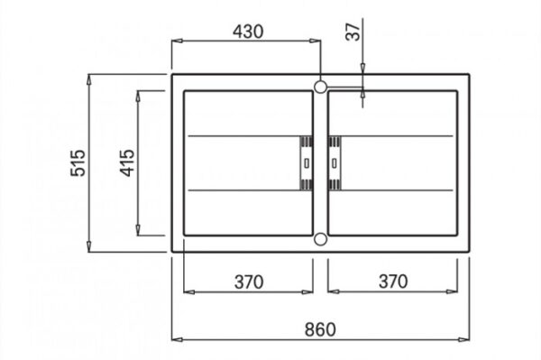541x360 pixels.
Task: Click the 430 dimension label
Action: point(248,32)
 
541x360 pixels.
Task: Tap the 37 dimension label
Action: point(353,32)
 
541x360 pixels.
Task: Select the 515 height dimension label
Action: point(78,163)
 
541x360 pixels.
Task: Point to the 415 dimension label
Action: point(127,163)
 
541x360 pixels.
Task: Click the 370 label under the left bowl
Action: point(249,282)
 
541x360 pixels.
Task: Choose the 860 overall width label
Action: point(320,329)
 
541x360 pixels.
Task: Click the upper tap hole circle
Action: point(320,87)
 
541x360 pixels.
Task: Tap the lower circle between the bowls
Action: point(320,239)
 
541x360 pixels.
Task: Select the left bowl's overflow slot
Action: point(307,163)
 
